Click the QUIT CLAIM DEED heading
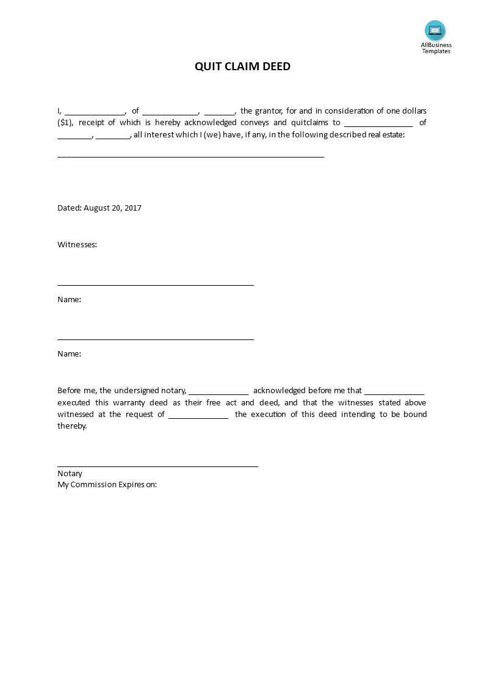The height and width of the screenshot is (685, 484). [242, 67]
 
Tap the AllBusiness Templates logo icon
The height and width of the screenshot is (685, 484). [435, 31]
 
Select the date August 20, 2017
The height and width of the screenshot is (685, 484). [112, 208]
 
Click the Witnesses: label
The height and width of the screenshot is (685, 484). [78, 245]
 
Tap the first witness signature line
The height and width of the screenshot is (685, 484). [156, 285]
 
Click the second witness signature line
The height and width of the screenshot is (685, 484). [156, 339]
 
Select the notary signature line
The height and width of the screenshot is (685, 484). [157, 466]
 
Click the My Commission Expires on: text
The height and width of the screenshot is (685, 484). [107, 485]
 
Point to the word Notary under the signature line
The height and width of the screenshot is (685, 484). [70, 474]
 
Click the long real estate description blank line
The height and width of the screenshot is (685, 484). [190, 157]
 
